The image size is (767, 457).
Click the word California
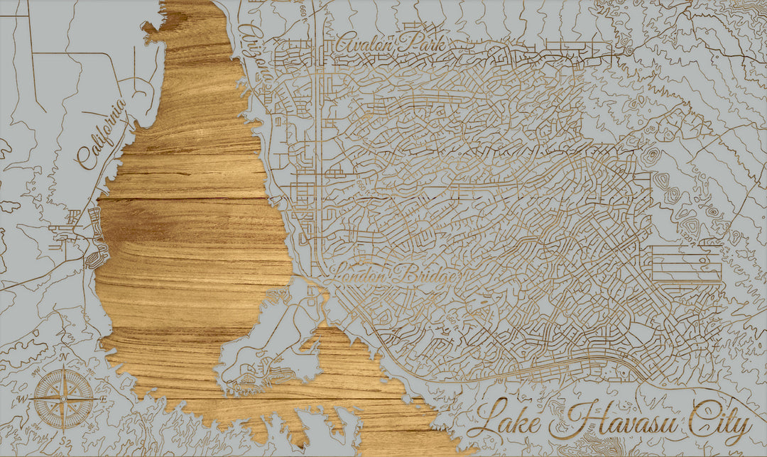pyautogui.click(x=102, y=134)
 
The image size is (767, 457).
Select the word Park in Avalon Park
pyautogui.click(x=422, y=44)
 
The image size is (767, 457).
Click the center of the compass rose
pyautogui.click(x=64, y=398)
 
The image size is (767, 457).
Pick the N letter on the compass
pyautogui.click(x=63, y=358)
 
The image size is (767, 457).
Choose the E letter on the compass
pyautogui.click(x=104, y=399)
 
